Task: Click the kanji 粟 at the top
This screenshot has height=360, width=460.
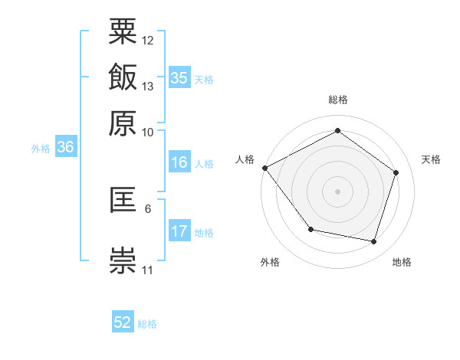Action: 123,32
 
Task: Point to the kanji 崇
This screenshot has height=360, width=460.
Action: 123,259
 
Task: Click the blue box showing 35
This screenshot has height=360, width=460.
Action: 179,78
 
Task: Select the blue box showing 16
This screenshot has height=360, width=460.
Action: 179,162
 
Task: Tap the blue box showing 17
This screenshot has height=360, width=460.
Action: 179,231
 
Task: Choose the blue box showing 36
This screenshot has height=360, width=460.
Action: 65,148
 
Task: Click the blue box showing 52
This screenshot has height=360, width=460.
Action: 123,322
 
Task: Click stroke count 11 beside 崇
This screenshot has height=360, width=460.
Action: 147,270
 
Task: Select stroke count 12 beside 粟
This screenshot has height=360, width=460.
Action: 148,40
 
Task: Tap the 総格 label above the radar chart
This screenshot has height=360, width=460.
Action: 338,100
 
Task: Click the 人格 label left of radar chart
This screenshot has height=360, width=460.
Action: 245,159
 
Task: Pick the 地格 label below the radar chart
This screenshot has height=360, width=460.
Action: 402,262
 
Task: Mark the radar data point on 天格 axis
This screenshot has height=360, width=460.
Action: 396,172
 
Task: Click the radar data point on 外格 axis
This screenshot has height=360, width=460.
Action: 310,229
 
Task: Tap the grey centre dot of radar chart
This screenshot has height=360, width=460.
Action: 338,191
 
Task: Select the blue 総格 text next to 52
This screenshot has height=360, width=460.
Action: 147,324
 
